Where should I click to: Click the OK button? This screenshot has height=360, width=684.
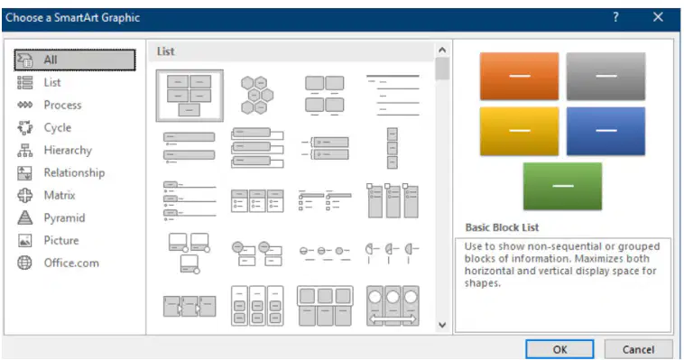tap(559, 349)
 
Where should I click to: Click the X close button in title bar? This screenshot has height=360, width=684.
tap(658, 17)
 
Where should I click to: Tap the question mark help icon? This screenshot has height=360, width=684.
tap(615, 17)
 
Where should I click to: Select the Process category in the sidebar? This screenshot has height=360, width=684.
tap(62, 106)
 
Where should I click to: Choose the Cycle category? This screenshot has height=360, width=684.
tap(57, 128)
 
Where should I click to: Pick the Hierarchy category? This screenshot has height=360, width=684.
tap(68, 151)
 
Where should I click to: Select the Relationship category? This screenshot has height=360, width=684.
tap(74, 173)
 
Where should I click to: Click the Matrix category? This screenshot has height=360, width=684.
tap(60, 196)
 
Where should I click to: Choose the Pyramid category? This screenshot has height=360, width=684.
tap(64, 217)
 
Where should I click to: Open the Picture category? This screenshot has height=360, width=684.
tap(61, 240)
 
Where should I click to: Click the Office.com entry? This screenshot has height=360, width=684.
tap(71, 263)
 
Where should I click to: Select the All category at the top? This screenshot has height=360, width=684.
tap(75, 60)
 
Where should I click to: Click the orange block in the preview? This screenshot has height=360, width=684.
tap(519, 76)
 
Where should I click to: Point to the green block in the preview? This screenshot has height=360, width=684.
tap(562, 187)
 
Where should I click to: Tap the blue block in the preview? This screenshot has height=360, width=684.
tap(605, 131)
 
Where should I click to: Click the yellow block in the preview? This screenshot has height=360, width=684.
tap(519, 131)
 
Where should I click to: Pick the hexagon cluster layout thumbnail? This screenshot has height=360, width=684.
tap(257, 95)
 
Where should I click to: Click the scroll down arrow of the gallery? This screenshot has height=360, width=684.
tap(442, 325)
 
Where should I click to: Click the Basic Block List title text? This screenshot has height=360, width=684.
tap(502, 227)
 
